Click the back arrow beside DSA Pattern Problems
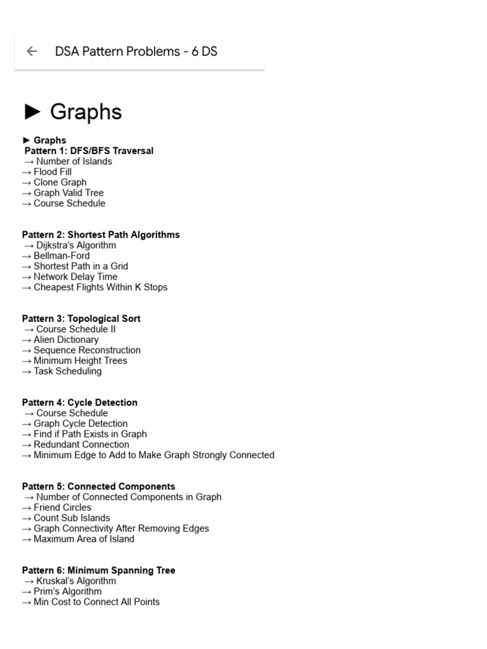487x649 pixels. tap(32, 51)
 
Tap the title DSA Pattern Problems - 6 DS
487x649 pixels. tap(136, 51)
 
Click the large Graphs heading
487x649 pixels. tap(86, 112)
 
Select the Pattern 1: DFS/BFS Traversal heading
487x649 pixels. tap(89, 151)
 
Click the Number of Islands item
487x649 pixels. tap(74, 162)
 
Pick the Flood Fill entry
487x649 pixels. tap(53, 172)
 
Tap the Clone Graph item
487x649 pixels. tap(60, 183)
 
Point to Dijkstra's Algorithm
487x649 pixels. tap(76, 245)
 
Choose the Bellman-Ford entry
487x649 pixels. tap(62, 256)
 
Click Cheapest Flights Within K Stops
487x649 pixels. tap(100, 287)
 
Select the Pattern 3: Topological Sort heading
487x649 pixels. tap(81, 319)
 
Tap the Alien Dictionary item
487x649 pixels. tap(66, 340)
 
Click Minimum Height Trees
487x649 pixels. tap(80, 361)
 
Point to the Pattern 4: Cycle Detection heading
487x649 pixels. tap(79, 402)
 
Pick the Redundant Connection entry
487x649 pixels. tap(81, 444)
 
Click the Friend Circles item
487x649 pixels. tap(62, 508)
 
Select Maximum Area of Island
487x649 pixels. tap(84, 539)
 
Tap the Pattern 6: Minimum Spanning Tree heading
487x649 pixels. tap(98, 570)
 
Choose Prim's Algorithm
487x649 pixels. tap(67, 591)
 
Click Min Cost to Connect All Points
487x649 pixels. tap(96, 602)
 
